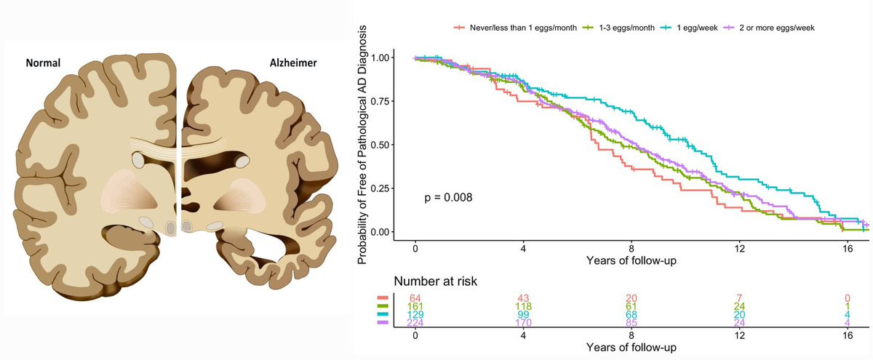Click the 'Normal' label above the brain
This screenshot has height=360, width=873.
[x=43, y=63]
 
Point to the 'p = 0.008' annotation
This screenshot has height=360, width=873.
[x=449, y=197]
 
